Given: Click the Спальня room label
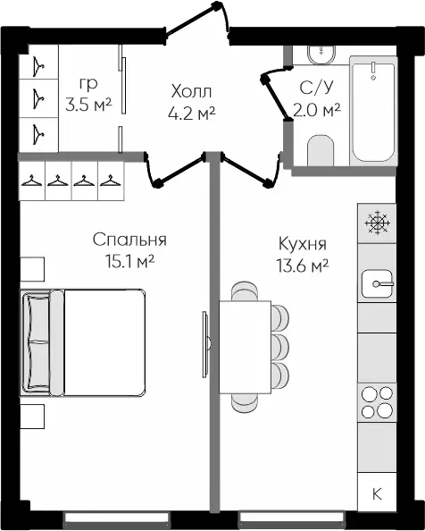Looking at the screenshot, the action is tap(129, 240).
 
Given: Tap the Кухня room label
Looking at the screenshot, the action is tap(303, 243).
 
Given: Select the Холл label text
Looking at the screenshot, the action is tap(191, 91).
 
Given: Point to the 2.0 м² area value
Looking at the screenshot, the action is tap(316, 110).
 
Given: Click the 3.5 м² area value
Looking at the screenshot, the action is tap(88, 105).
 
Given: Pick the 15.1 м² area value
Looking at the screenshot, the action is tap(129, 261).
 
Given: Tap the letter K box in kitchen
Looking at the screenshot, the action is tap(377, 493).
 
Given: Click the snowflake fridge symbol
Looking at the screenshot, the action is tap(378, 223).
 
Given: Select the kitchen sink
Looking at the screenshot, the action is tap(378, 283).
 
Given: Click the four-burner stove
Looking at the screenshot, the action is tap(377, 403).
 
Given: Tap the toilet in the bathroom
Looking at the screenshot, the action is tap(321, 150).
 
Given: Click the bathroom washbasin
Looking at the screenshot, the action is tap(321, 55).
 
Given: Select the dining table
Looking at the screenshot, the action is tap(246, 347).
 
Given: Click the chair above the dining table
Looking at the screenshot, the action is tap(245, 291).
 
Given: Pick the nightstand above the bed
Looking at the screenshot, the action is tap(32, 269).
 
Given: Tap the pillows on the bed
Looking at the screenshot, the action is tap(37, 342).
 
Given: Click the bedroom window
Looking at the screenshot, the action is tap(117, 518).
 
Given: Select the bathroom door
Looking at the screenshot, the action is tap(276, 94).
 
